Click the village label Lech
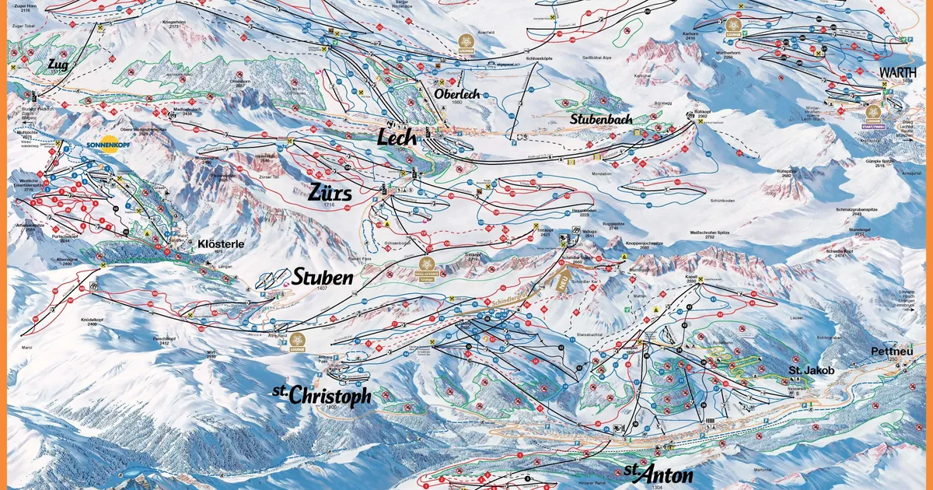click(x=397, y=138)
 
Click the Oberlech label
click(x=460, y=94)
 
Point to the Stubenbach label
click(x=599, y=120)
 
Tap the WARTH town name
click(x=897, y=72)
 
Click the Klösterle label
click(x=221, y=244)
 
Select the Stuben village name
click(x=323, y=277)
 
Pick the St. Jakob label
click(x=812, y=371)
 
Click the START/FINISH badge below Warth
click(x=874, y=114)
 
